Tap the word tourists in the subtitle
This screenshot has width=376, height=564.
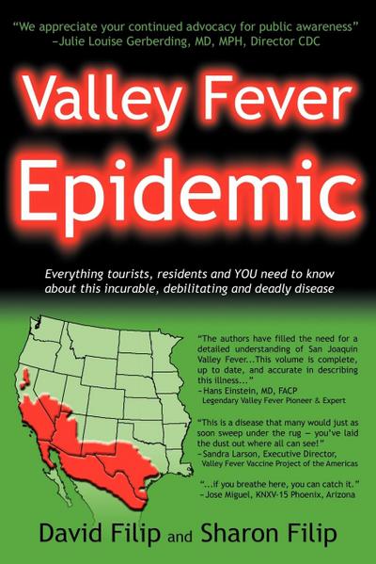[x=125, y=271]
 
